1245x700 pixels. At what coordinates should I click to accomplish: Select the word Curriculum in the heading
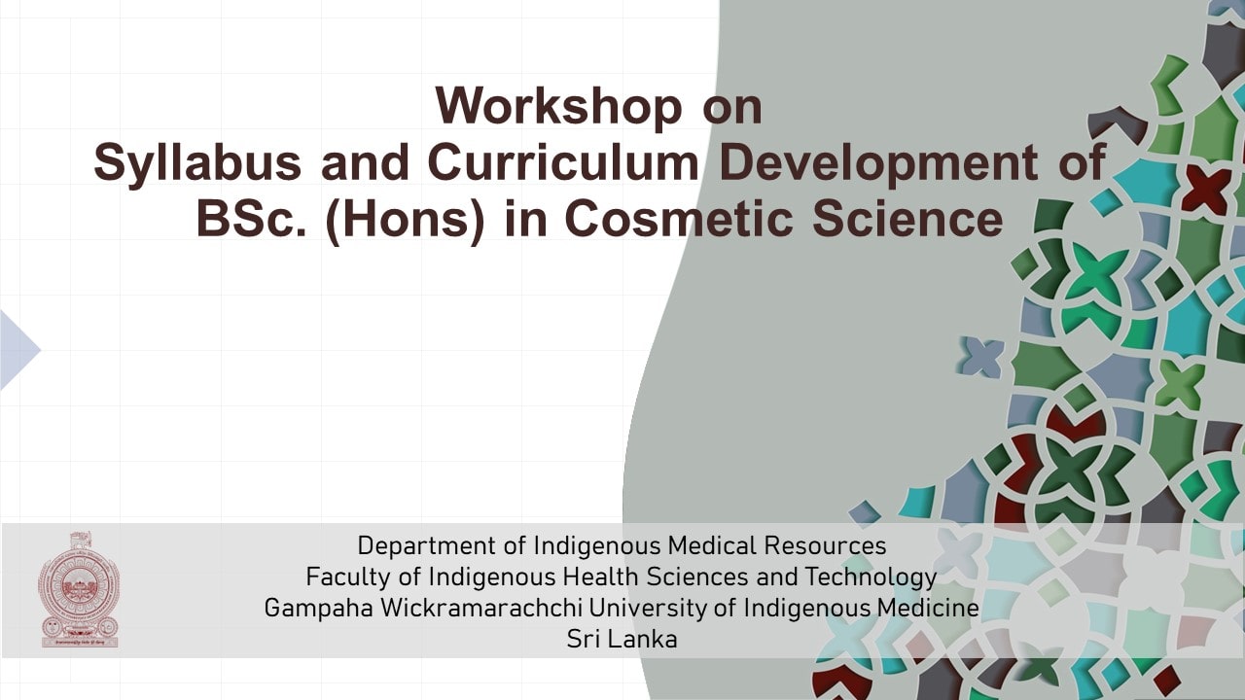562,163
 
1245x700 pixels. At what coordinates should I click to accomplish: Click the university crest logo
80,589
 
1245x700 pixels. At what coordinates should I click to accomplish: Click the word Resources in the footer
825,545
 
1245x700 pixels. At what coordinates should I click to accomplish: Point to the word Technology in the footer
871,577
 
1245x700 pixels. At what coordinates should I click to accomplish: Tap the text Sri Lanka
622,640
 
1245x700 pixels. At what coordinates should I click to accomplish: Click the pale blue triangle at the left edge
18,350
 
